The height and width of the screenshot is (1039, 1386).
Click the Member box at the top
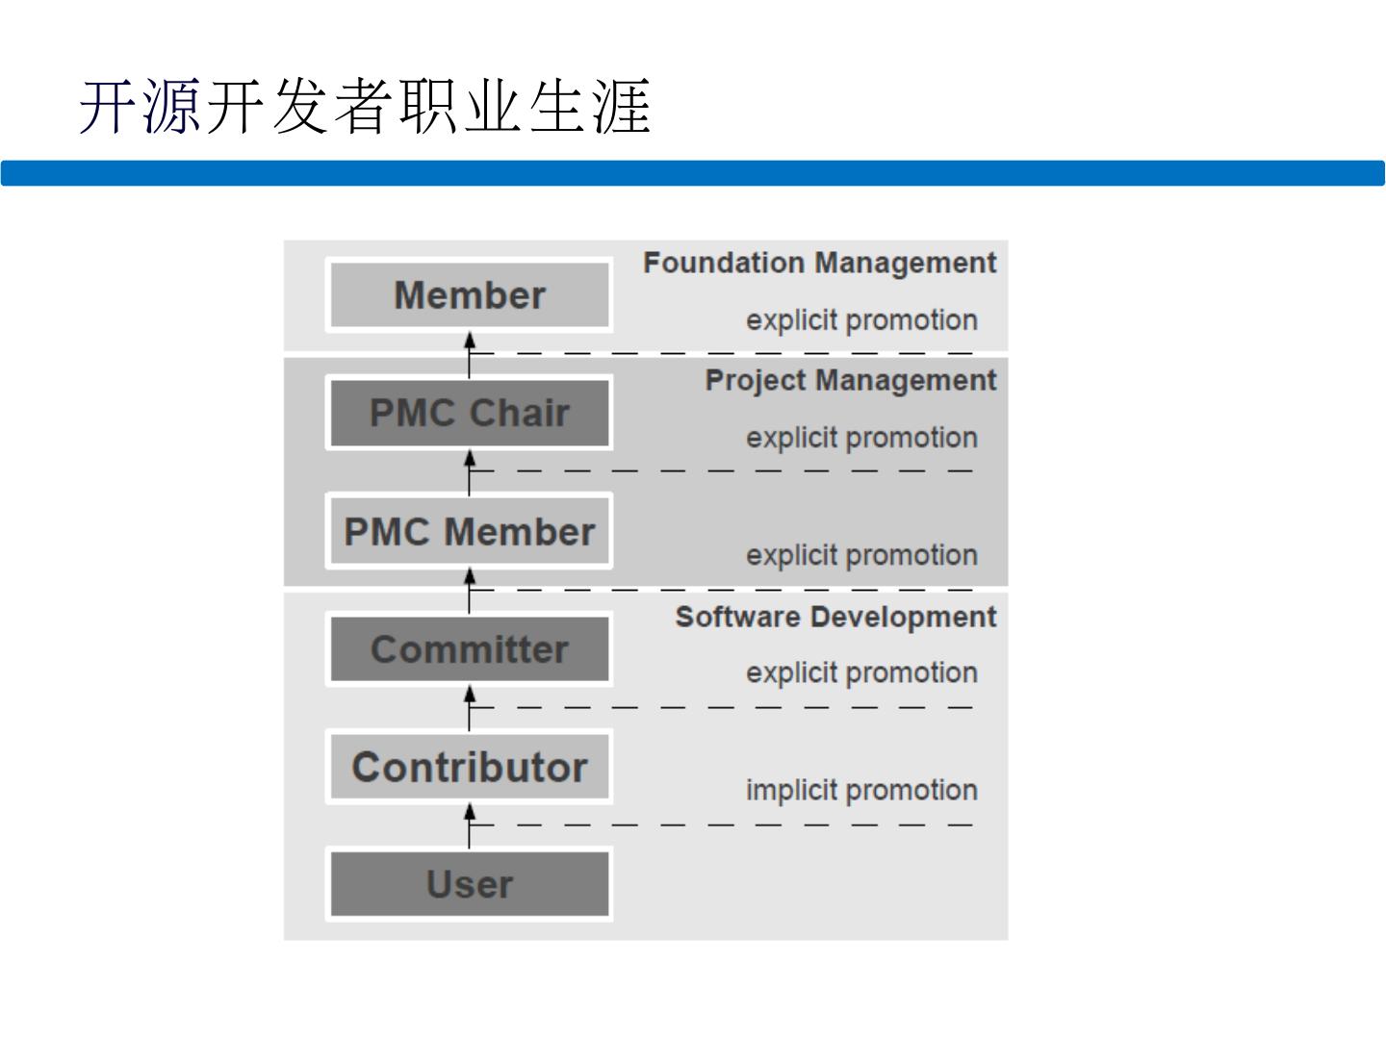coord(470,295)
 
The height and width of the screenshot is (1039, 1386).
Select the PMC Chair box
coord(470,414)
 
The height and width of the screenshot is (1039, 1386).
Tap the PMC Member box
coord(470,532)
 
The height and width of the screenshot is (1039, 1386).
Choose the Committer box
coord(470,649)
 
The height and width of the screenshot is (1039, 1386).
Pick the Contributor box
coord(470,768)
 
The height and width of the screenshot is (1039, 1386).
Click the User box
coord(470,884)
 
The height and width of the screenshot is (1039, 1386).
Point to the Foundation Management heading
coord(819,263)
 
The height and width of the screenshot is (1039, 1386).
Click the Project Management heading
coord(851,380)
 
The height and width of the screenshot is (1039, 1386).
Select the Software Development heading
coord(835,617)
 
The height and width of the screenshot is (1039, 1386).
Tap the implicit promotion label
coord(861,790)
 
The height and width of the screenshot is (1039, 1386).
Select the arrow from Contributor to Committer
coord(470,708)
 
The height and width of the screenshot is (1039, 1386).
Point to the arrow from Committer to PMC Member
coord(470,590)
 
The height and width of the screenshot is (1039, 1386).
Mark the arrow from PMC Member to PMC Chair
coord(470,471)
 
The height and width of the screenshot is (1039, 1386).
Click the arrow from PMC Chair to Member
coord(470,354)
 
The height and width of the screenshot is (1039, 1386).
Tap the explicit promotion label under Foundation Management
coord(861,320)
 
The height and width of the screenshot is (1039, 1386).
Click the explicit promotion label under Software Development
coord(861,672)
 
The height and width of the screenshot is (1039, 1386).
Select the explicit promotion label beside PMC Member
coord(861,555)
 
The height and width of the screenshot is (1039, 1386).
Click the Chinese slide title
coord(366,106)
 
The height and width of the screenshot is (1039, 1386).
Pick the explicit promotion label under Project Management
coord(861,438)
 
